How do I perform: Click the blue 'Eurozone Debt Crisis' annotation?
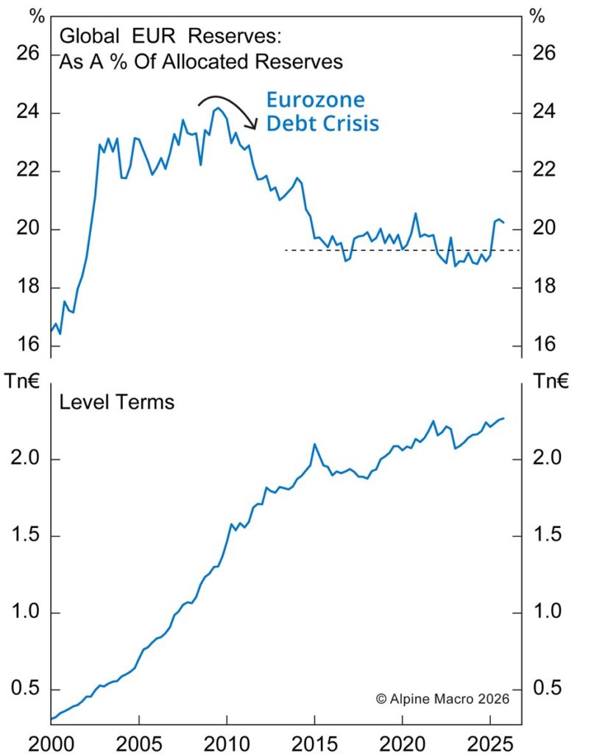(x=322, y=111)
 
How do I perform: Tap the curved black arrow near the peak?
(x=228, y=109)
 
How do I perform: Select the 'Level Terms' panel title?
(x=116, y=402)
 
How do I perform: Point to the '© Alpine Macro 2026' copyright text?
(x=442, y=697)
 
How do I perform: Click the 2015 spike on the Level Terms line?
(x=314, y=444)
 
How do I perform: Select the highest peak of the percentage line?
(x=217, y=108)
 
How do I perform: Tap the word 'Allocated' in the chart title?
(x=212, y=62)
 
